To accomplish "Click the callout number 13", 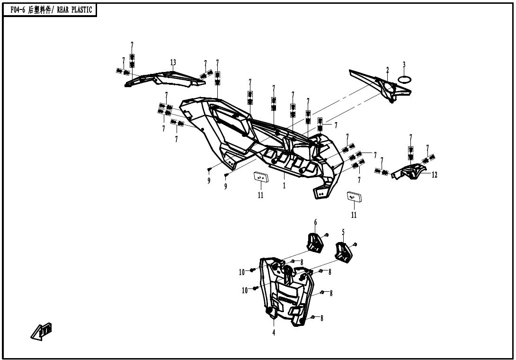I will click(x=173, y=63).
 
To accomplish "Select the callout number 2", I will click(x=387, y=70).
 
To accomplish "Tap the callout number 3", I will click(x=404, y=64).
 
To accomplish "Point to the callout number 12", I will click(x=434, y=175).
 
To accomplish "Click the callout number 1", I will click(x=284, y=186).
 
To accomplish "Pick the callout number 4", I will click(x=273, y=332).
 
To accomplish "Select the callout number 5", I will click(x=343, y=232).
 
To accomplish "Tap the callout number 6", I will click(x=315, y=222).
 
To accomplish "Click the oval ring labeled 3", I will click(x=404, y=80).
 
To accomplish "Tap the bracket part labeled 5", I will click(x=344, y=252).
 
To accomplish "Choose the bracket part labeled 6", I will click(x=314, y=241).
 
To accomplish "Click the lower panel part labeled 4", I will click(x=286, y=294).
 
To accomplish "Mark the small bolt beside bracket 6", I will click(x=327, y=235).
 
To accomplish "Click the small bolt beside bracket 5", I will click(x=356, y=244).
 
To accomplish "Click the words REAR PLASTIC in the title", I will click(x=75, y=10).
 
